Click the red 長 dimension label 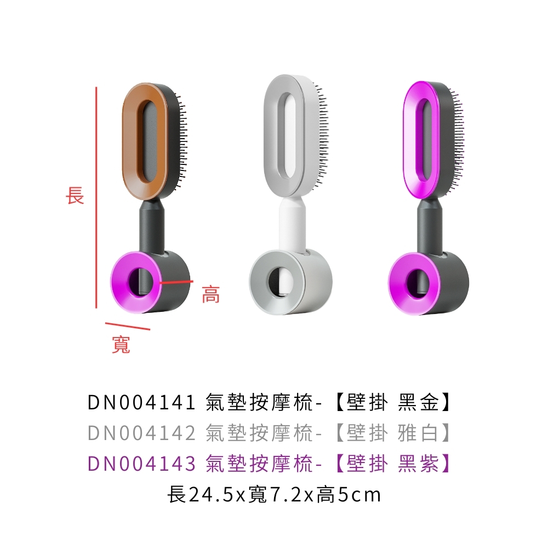pyautogui.click(x=75, y=195)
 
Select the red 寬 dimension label pyautogui.click(x=121, y=344)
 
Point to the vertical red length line pyautogui.click(x=96, y=197)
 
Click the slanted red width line pyautogui.click(x=128, y=326)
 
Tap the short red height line pyautogui.click(x=176, y=281)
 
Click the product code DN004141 pyautogui.click(x=141, y=403)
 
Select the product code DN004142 pyautogui.click(x=141, y=433)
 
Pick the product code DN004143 pyautogui.click(x=141, y=464)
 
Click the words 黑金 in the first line pyautogui.click(x=418, y=403)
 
